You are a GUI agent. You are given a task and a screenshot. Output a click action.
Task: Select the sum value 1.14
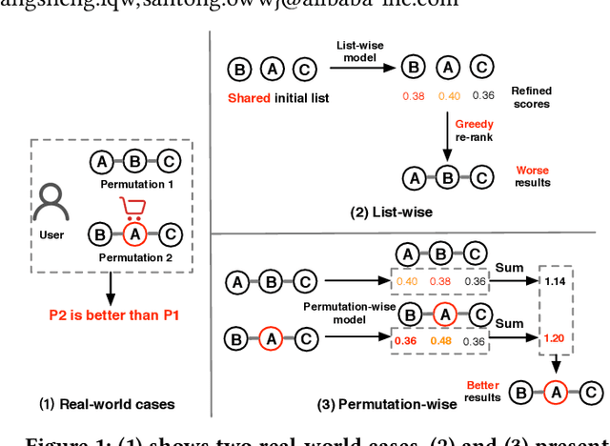[554, 280]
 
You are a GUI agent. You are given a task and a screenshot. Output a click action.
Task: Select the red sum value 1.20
[554, 337]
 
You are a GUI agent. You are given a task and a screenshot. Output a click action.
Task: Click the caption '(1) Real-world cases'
[112, 403]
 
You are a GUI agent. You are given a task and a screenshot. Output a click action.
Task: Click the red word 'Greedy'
[474, 122]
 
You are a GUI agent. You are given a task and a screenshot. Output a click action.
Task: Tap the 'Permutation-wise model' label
[335, 314]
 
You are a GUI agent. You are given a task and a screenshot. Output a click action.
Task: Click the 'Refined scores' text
[532, 97]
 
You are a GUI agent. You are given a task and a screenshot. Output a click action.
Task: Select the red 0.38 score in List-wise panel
[413, 95]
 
